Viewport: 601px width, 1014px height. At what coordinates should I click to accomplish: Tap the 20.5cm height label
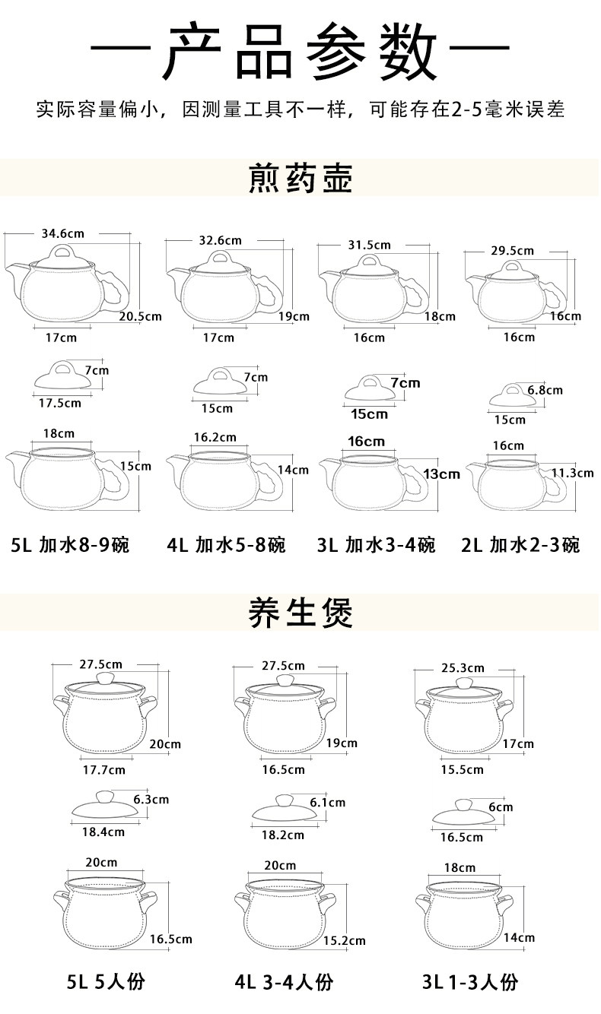pos(140,316)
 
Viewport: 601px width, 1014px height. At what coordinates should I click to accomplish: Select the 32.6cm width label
pos(220,240)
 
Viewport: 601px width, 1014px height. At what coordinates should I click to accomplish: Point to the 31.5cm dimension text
pos(369,245)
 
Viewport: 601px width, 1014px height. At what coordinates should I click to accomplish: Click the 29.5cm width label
pos(512,250)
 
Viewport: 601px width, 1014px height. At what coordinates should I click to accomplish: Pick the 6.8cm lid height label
pos(545,390)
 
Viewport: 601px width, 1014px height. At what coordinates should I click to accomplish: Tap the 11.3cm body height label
pos(572,473)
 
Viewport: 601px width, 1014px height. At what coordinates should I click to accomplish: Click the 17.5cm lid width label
pos(59,403)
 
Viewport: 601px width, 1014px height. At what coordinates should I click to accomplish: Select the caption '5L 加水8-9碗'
pos(71,545)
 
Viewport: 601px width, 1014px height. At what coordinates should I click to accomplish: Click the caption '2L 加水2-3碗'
pos(520,545)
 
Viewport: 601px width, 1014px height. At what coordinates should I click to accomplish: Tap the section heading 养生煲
pos(300,613)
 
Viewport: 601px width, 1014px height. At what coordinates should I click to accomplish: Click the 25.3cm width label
pos(463,668)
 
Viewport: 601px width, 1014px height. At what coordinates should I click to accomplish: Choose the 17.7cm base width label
pos(103,770)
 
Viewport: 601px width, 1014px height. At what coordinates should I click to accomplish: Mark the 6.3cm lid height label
pos(151,799)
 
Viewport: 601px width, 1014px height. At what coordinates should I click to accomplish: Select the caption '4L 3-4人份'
pos(284,982)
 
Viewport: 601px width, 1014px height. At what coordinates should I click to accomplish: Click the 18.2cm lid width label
pos(282,835)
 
